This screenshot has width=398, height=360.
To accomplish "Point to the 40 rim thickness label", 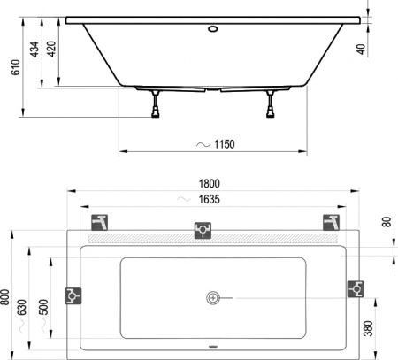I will click(386, 50).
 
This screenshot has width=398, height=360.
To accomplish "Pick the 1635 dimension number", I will click(209, 201).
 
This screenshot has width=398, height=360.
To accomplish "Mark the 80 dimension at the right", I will click(386, 222).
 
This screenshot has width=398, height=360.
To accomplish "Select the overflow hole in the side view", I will click(212, 27).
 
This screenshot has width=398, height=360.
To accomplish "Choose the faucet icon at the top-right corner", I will click(331, 221).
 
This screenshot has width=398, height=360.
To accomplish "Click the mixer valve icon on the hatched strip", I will click(203, 231).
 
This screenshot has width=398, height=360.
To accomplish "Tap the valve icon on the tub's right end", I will click(356, 287).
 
